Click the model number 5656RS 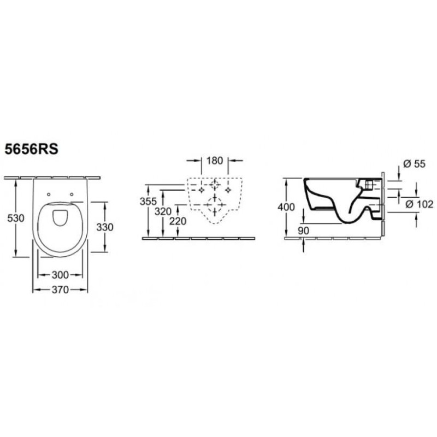click(x=32, y=149)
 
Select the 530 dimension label click(x=16, y=218)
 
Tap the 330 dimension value click(x=105, y=227)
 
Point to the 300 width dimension click(x=60, y=275)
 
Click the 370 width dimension click(x=60, y=290)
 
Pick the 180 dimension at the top click(x=215, y=161)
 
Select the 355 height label click(x=148, y=201)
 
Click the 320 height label click(x=163, y=211)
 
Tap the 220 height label click(x=178, y=221)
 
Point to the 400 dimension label click(x=286, y=207)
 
